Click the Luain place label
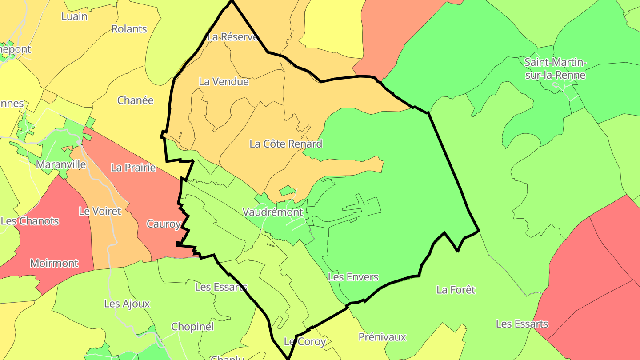click(x=74, y=16)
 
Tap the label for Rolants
click(x=129, y=29)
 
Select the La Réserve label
click(x=232, y=37)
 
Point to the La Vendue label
click(x=224, y=81)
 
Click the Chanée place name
click(x=135, y=100)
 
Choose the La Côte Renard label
click(x=286, y=144)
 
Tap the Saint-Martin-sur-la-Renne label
click(x=555, y=68)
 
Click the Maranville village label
click(x=61, y=164)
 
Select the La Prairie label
click(x=133, y=168)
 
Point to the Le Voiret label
click(x=100, y=211)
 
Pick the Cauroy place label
click(x=164, y=224)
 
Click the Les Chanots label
click(x=30, y=221)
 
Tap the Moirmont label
click(x=54, y=263)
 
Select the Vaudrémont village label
click(x=273, y=212)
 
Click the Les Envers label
click(x=353, y=277)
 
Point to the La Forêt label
click(x=456, y=290)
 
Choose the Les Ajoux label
click(x=127, y=304)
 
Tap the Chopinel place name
click(x=192, y=327)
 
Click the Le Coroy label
click(x=305, y=342)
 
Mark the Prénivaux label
click(x=382, y=337)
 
